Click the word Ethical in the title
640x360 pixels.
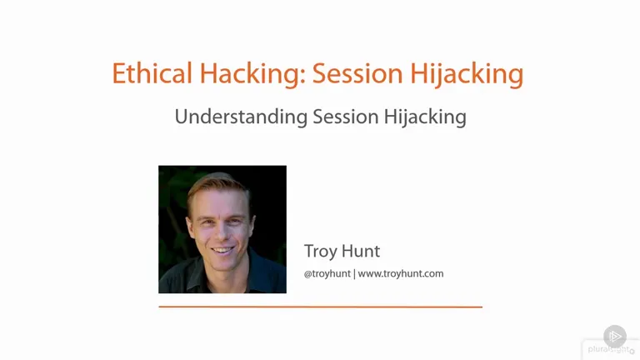click(152, 73)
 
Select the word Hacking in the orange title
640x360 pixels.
click(252, 73)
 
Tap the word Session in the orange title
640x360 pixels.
click(358, 73)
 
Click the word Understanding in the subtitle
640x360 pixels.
click(241, 117)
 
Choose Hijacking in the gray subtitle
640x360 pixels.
click(425, 117)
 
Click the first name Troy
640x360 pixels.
click(320, 252)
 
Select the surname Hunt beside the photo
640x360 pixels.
click(361, 251)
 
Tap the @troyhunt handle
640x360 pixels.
click(327, 274)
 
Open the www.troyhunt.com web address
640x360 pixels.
click(401, 274)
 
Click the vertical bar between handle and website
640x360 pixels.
click(354, 274)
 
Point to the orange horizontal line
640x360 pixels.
click(320, 307)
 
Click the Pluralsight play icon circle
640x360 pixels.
click(615, 337)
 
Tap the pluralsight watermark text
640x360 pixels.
click(609, 349)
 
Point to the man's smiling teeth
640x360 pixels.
click(222, 249)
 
